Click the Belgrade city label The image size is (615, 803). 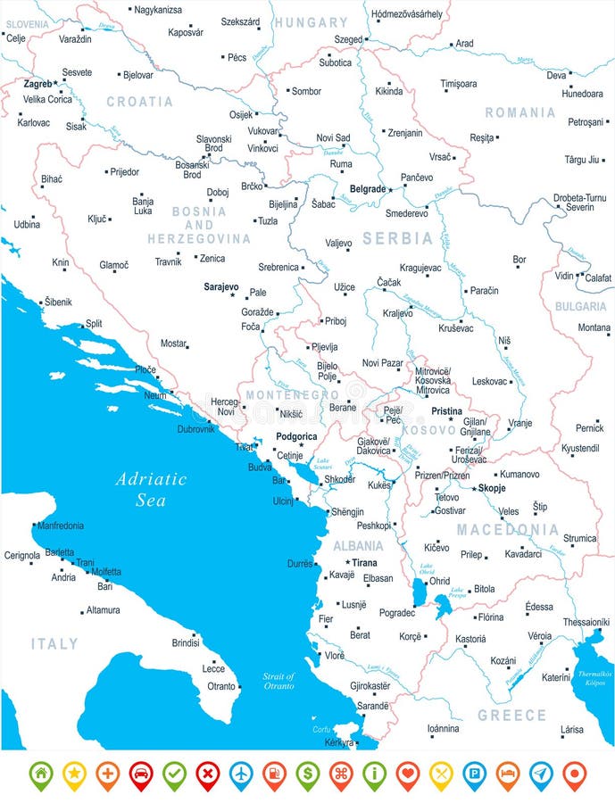pos(367,189)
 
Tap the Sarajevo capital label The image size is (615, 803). pos(220,287)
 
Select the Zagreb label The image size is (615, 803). pos(37,83)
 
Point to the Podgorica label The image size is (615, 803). pos(296,436)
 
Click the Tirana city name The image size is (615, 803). pos(364,563)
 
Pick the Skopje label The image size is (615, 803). pos(491,488)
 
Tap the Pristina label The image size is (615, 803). pos(446,411)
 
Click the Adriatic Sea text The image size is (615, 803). pos(151,489)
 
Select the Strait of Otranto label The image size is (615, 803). pos(278,682)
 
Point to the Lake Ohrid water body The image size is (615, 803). pos(419,592)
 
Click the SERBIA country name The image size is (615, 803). pos(397,239)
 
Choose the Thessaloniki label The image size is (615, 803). pos(586,622)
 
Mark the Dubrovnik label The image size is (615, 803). pos(195,429)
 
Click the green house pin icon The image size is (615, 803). pos(41,774)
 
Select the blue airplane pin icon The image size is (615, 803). pos(241,774)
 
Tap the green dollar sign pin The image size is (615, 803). pos(308,774)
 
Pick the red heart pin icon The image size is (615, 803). pos(408,774)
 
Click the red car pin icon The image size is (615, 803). pos(141,774)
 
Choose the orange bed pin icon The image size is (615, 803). pos(508,774)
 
